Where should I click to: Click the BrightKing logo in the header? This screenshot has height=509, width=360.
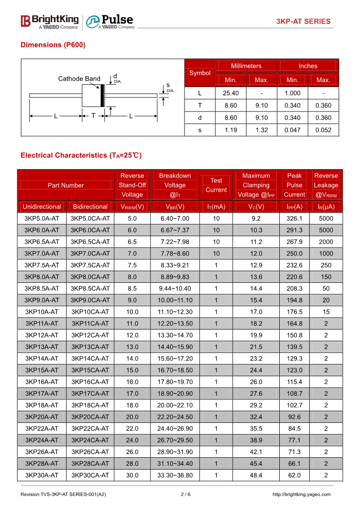49,21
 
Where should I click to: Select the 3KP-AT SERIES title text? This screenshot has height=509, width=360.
303,21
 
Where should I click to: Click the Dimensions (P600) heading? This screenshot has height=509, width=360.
53,45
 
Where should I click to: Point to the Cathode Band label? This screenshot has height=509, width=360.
79,79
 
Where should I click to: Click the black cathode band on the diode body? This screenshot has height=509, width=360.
102,95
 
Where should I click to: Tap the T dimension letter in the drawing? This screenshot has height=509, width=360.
93,116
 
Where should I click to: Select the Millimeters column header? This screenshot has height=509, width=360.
246,66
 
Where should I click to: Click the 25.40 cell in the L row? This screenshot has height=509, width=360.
231,93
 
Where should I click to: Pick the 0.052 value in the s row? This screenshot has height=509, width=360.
323,130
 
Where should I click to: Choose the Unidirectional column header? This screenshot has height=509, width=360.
42,207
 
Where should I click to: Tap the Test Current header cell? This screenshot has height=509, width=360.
216,185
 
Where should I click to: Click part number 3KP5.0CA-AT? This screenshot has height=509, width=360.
90,218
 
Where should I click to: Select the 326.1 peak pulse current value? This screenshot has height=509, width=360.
294,218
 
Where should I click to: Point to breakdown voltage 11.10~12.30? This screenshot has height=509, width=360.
175,312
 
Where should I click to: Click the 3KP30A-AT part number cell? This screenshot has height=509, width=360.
42,475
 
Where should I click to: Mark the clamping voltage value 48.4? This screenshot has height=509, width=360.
256,475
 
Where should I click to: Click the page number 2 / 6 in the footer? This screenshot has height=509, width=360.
185,494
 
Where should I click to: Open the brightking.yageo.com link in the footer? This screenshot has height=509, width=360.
302,494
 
